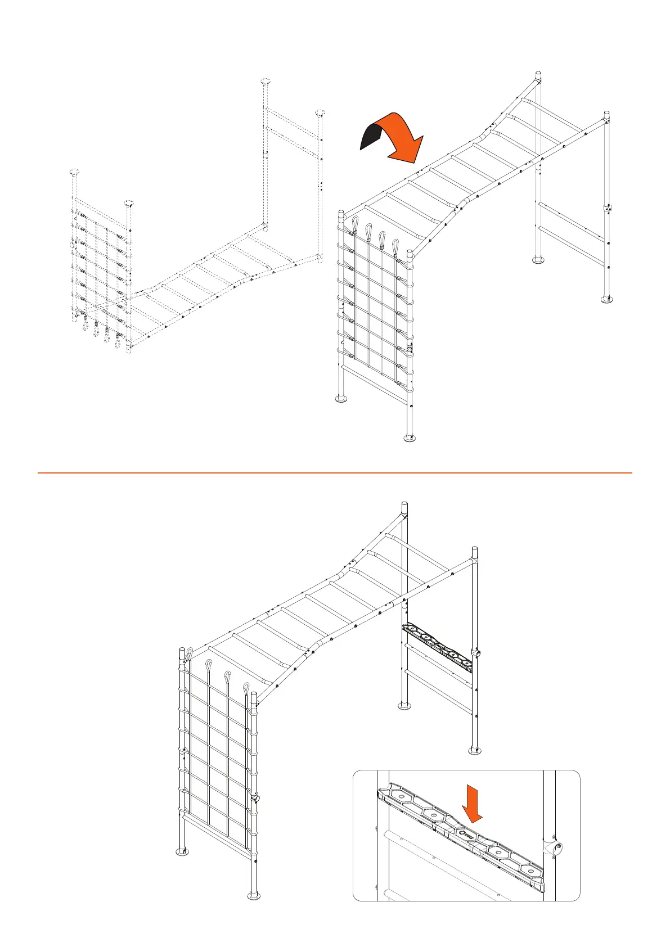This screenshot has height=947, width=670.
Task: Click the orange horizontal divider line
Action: pyautogui.click(x=335, y=473)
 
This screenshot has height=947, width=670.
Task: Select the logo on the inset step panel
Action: pyautogui.click(x=464, y=834)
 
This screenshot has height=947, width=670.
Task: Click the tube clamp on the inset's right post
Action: pyautogui.click(x=554, y=849)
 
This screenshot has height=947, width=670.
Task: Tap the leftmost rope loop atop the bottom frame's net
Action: pyautogui.click(x=190, y=654)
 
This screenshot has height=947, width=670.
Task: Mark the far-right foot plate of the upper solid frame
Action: pyautogui.click(x=606, y=299)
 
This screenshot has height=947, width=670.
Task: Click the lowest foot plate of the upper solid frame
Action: pyautogui.click(x=410, y=438)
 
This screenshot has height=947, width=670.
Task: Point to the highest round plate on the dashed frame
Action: pyautogui.click(x=266, y=82)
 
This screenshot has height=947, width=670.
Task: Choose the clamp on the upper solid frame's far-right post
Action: pyautogui.click(x=608, y=208)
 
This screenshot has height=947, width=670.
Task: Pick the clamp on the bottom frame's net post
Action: pyautogui.click(x=255, y=798)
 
